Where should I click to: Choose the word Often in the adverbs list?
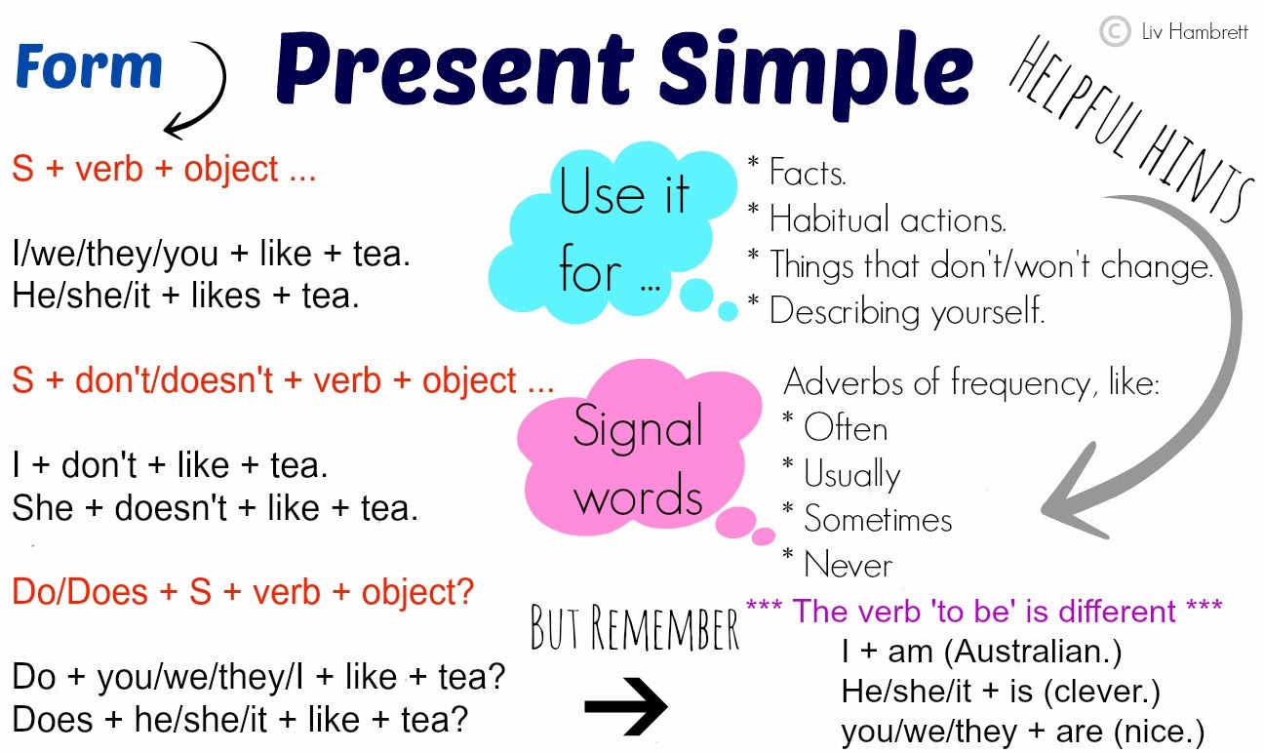click(845, 428)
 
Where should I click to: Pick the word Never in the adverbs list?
click(847, 565)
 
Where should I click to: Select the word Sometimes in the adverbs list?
click(878, 519)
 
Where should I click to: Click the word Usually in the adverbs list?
click(851, 475)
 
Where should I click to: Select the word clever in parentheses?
click(1093, 692)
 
